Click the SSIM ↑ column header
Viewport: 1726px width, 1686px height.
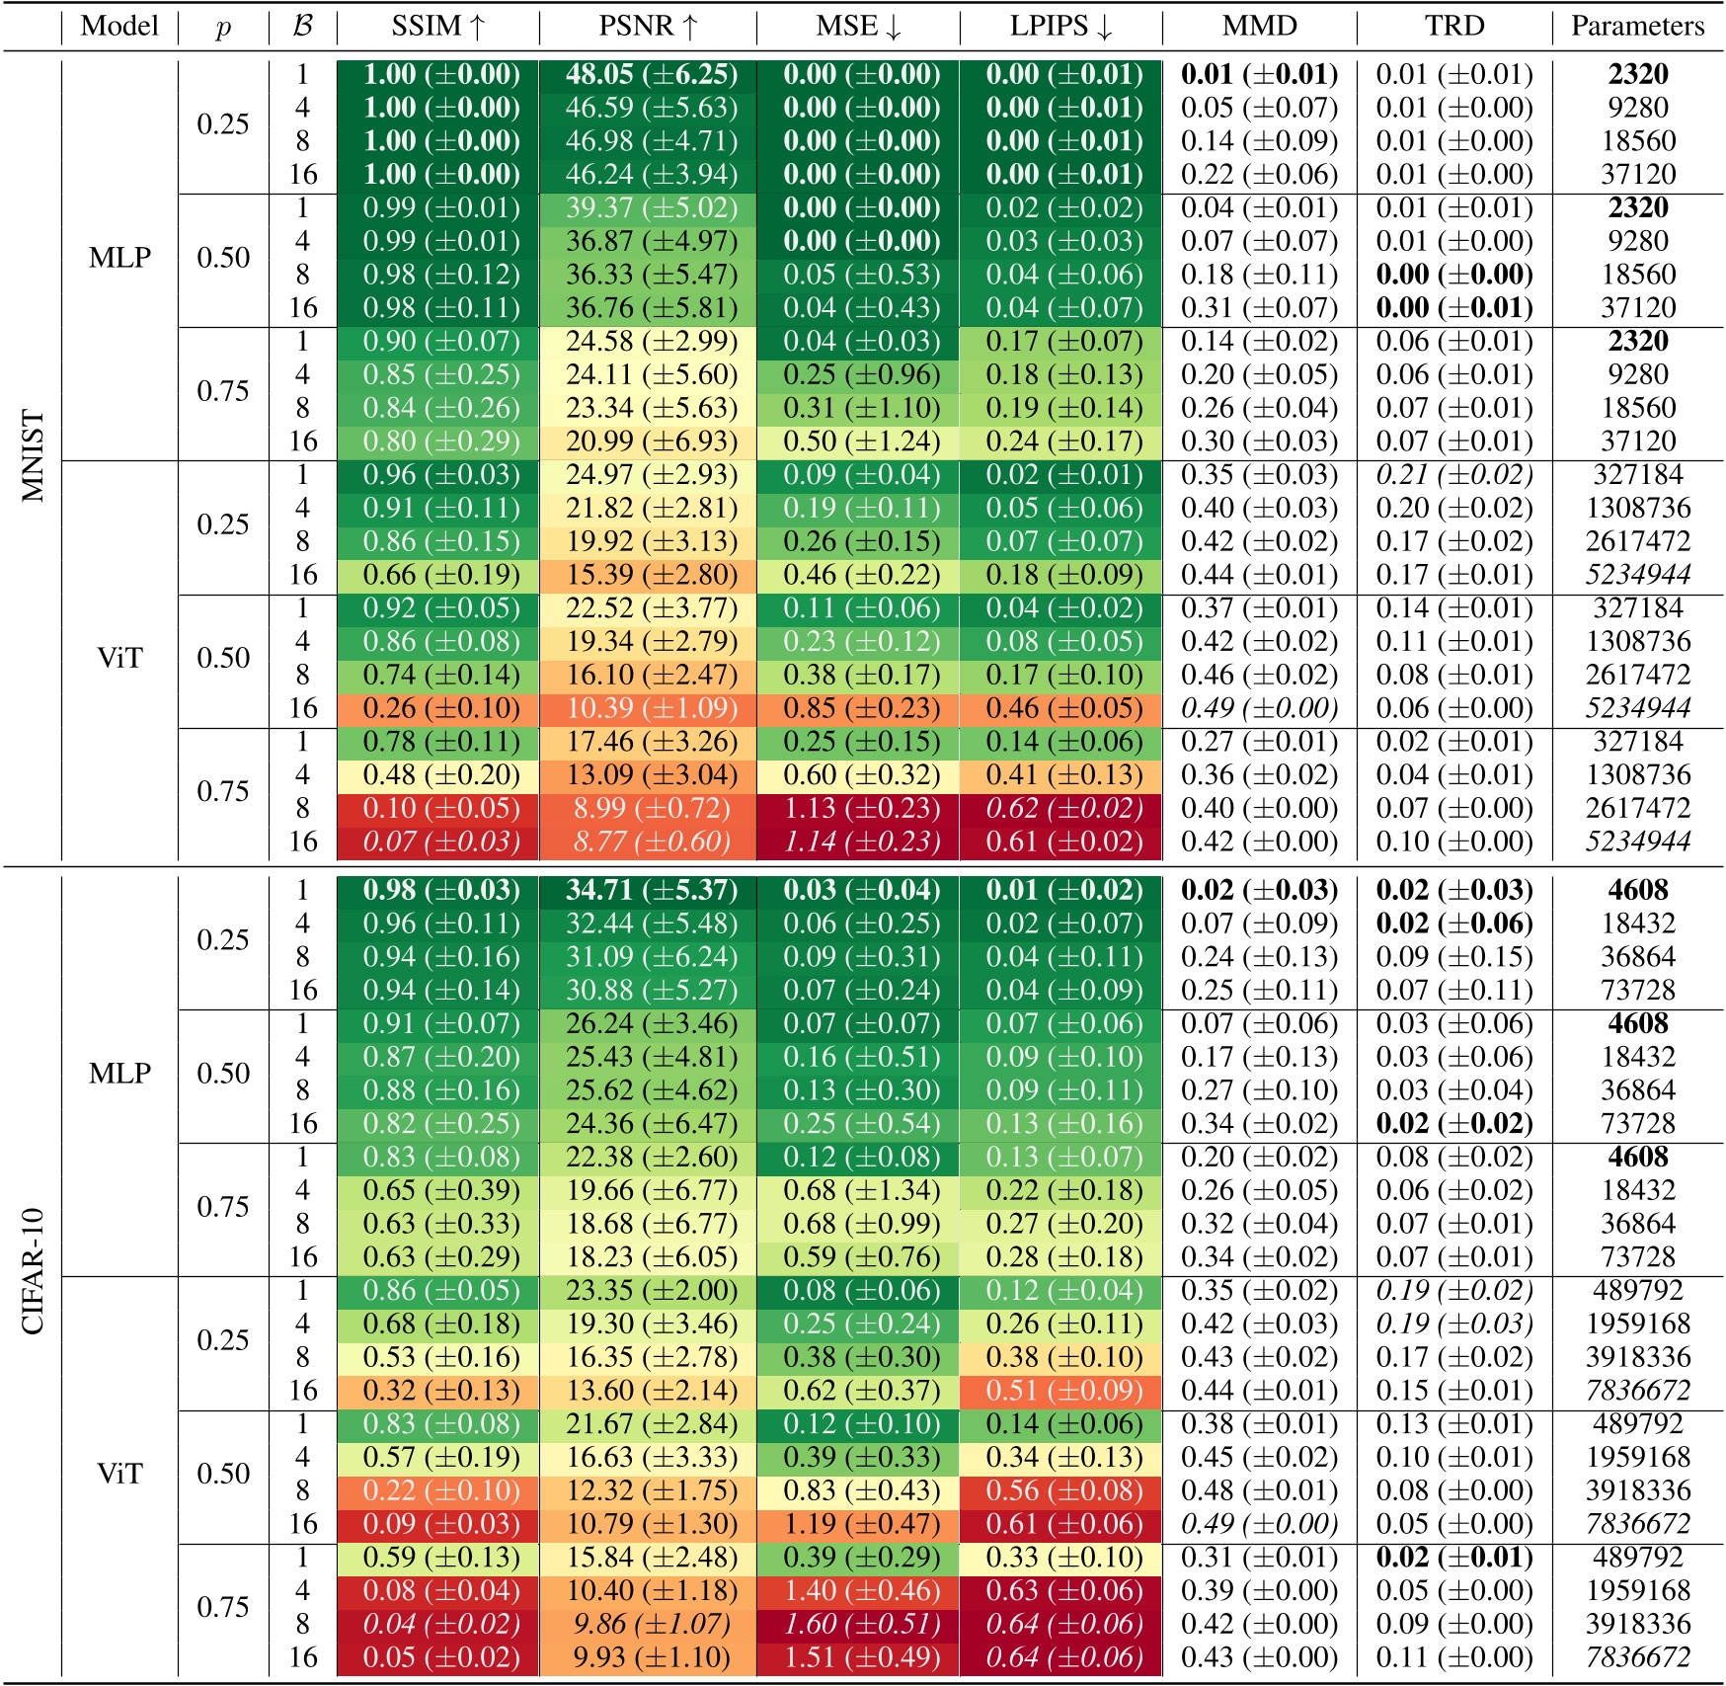pyautogui.click(x=438, y=26)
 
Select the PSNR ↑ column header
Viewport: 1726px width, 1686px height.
pyautogui.click(x=649, y=26)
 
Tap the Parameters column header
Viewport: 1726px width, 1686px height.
pyautogui.click(x=1637, y=26)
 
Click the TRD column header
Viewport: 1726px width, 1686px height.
pyautogui.click(x=1454, y=26)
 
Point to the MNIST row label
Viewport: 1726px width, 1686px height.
pyautogui.click(x=33, y=456)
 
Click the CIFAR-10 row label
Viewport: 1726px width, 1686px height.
pyautogui.click(x=33, y=1271)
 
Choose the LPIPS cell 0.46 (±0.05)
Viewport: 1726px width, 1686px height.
pyautogui.click(x=1063, y=708)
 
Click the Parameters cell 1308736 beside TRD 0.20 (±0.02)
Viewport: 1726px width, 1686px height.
pyautogui.click(x=1638, y=508)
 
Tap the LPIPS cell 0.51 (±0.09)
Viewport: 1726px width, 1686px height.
pyautogui.click(x=1063, y=1391)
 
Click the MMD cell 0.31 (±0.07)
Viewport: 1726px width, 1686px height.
pyautogui.click(x=1259, y=308)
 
